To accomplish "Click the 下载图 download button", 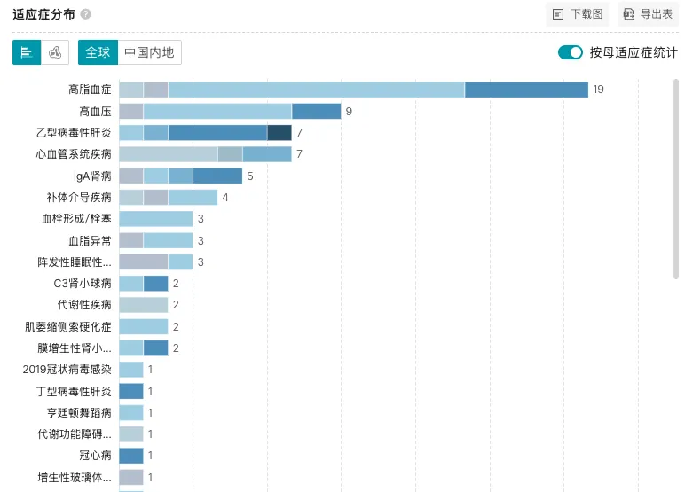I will click(x=578, y=14).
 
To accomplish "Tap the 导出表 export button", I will click(x=648, y=14).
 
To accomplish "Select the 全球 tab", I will click(x=98, y=52).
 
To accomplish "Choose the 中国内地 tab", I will click(x=149, y=52).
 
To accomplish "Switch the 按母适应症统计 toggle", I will click(x=570, y=52).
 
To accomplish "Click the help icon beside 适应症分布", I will click(x=85, y=14).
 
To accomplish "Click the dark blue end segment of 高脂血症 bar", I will click(x=526, y=90).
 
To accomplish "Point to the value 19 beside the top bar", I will click(x=598, y=90).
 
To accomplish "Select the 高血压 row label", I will click(x=95, y=112).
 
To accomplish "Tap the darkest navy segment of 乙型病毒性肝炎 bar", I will click(x=280, y=133).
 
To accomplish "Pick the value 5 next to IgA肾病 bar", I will click(x=250, y=176).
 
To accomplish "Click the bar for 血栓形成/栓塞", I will click(x=156, y=219).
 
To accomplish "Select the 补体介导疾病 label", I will click(x=79, y=198).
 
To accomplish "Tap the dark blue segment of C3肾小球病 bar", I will click(x=155, y=284).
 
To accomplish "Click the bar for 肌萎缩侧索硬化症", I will click(x=144, y=326).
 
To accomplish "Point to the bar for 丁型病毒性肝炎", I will click(x=131, y=391).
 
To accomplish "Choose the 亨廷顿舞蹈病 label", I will click(x=79, y=412).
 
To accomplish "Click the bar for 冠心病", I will click(x=131, y=456).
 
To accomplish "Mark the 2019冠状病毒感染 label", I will click(x=67, y=370).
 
